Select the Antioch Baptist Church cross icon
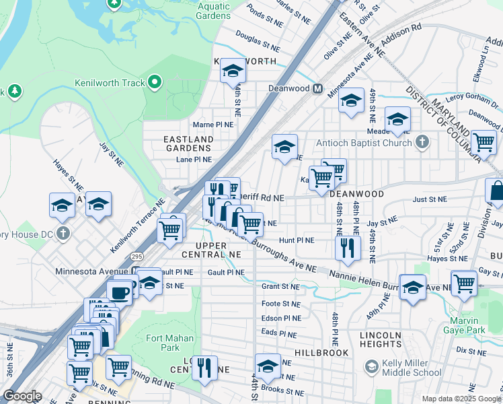[x=422, y=143]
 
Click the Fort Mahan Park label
[x=169, y=343]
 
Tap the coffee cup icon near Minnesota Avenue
[x=120, y=293]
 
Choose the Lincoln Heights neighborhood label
[x=381, y=339]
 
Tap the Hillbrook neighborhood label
[x=321, y=353]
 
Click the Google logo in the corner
[x=23, y=396]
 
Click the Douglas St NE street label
[x=258, y=44]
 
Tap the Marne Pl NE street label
[x=213, y=125]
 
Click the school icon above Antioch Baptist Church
[x=397, y=119]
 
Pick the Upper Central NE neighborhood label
[x=208, y=250]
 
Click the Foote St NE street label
[x=280, y=304]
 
